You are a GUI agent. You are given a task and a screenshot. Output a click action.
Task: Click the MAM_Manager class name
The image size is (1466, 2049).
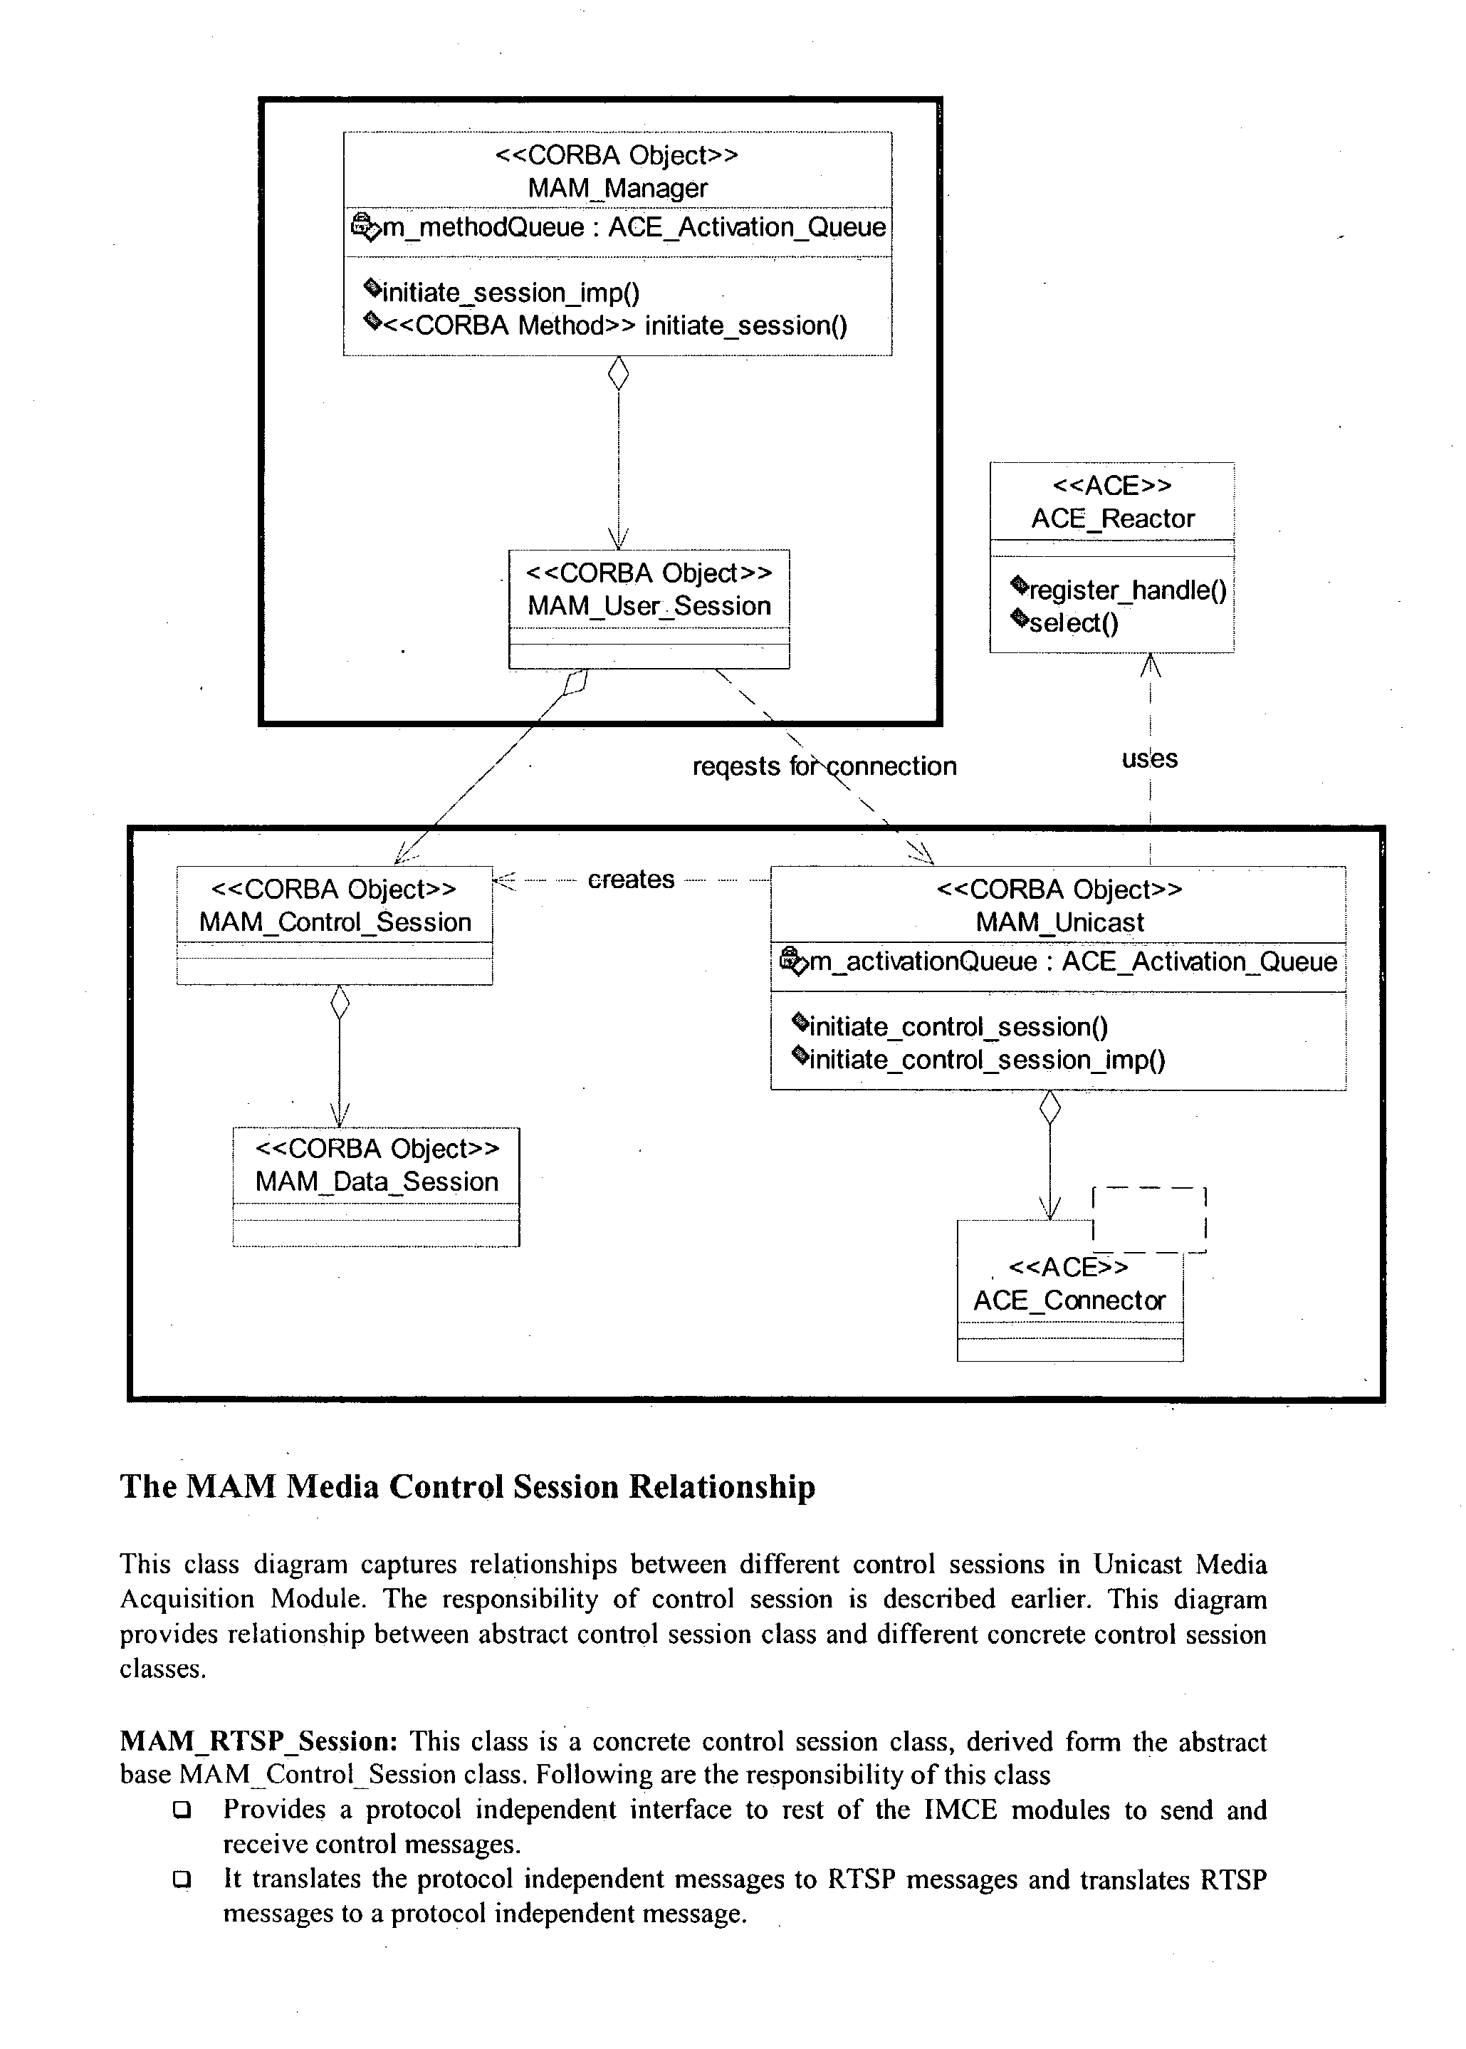pyautogui.click(x=617, y=188)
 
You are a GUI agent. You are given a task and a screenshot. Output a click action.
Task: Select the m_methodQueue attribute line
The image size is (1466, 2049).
pyautogui.click(x=618, y=226)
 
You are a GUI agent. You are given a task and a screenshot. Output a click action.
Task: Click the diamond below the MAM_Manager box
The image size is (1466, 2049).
pyautogui.click(x=618, y=373)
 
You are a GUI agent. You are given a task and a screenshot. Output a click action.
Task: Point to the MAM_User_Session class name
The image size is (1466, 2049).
pyautogui.click(x=649, y=606)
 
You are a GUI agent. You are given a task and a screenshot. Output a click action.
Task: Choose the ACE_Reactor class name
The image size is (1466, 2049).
pyautogui.click(x=1112, y=518)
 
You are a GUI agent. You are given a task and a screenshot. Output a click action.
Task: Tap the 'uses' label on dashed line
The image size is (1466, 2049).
pyautogui.click(x=1149, y=758)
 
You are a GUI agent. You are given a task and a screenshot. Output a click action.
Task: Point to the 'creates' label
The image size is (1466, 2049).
pyautogui.click(x=631, y=880)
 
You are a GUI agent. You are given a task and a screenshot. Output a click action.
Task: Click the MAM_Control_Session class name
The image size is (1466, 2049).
pyautogui.click(x=335, y=922)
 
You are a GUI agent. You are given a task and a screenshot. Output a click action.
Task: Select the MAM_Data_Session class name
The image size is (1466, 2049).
pyautogui.click(x=377, y=1181)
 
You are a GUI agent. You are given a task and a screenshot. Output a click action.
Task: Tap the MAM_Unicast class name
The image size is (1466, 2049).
pyautogui.click(x=1059, y=922)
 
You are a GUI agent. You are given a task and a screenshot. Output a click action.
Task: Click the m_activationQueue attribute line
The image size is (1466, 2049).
pyautogui.click(x=1059, y=961)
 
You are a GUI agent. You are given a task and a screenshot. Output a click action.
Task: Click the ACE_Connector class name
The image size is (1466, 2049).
pyautogui.click(x=1069, y=1300)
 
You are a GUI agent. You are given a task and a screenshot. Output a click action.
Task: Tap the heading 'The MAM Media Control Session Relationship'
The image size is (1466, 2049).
pyautogui.click(x=468, y=1486)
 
